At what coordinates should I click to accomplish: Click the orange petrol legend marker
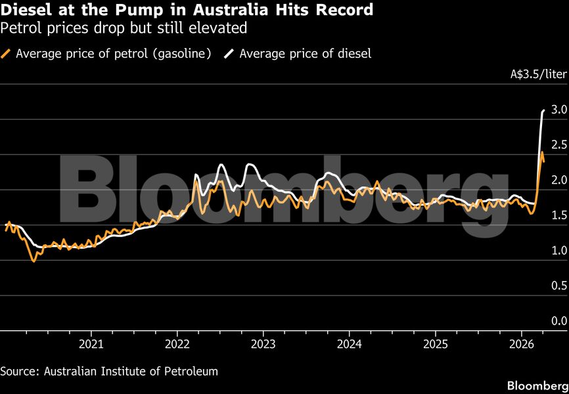pos(7,54)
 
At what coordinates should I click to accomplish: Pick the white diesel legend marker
pos(231,54)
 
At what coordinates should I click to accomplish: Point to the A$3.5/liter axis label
pos(538,74)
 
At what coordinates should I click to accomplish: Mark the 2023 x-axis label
pos(263,344)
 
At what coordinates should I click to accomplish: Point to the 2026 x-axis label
pos(522,344)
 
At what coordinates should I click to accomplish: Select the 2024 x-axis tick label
pos(349,344)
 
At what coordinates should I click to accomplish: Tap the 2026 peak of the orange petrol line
pos(541,152)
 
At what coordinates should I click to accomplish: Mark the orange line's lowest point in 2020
pos(34,261)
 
